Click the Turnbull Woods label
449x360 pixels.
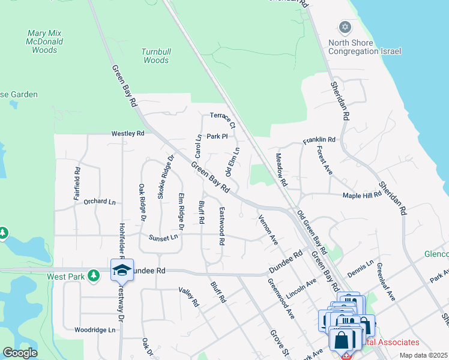(x=155, y=56)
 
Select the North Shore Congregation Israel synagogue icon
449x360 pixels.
(x=345, y=27)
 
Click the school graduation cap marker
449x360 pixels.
(x=122, y=270)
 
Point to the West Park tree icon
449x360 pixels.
(x=93, y=275)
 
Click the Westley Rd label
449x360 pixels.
(x=128, y=133)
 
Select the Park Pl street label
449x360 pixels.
(x=217, y=136)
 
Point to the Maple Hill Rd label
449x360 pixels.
(x=362, y=196)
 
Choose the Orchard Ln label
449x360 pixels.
(x=99, y=202)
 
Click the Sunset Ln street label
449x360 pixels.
(x=164, y=238)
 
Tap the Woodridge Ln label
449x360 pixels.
(x=94, y=330)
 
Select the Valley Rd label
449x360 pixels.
(x=188, y=296)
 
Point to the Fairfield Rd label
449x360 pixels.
(x=77, y=178)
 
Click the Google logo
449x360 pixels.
(x=20, y=353)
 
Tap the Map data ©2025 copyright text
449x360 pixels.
(x=423, y=355)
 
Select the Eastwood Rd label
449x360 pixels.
(x=221, y=226)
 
